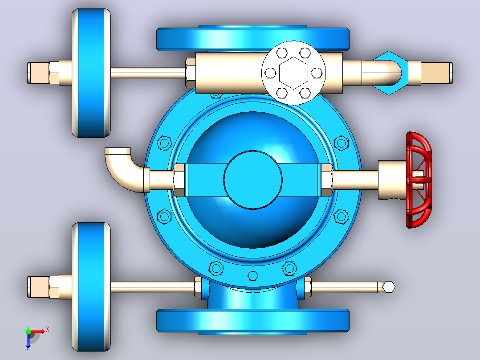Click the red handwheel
[x=419, y=180]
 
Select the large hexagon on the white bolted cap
[x=293, y=73]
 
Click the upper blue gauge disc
[x=91, y=73]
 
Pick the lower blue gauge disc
[x=91, y=287]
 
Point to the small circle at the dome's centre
[x=253, y=180]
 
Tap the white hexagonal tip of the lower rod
[x=389, y=287]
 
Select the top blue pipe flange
[x=253, y=38]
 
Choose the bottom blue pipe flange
[x=253, y=321]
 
